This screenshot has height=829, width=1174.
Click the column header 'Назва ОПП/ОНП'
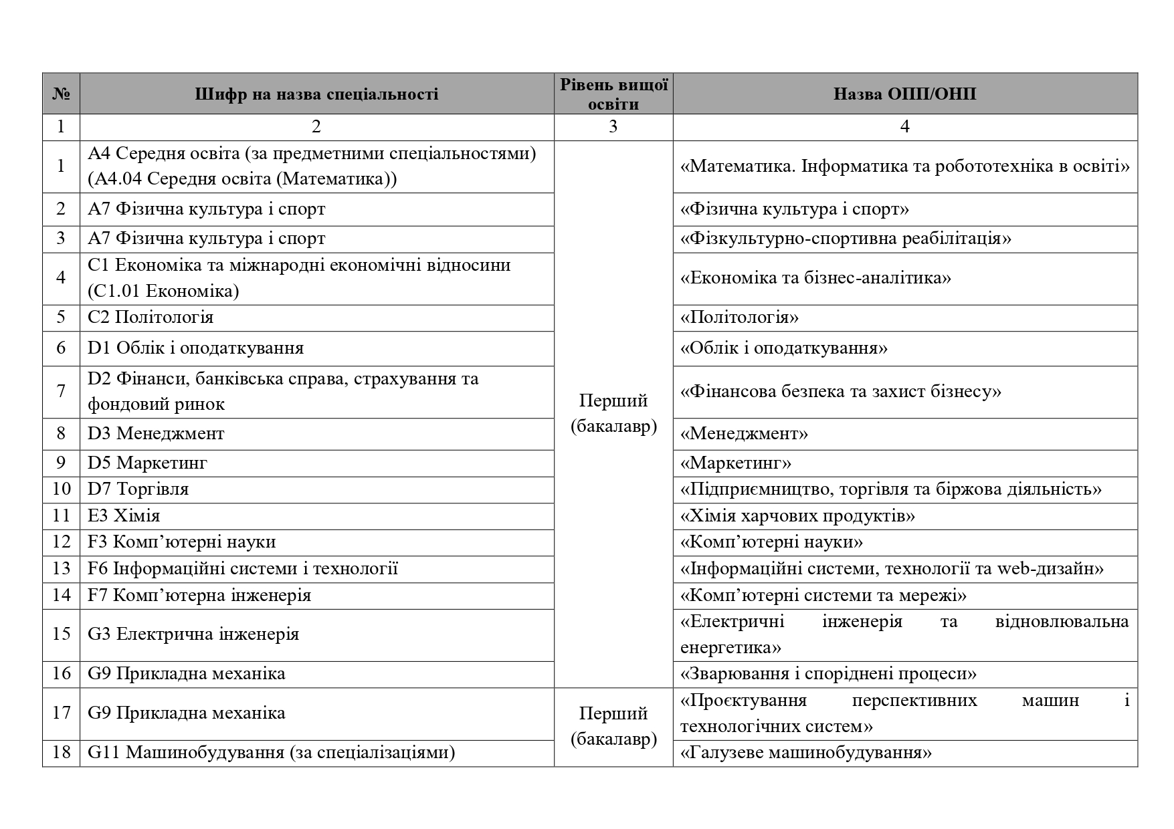[904, 94]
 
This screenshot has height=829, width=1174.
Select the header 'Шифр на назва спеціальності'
[316, 94]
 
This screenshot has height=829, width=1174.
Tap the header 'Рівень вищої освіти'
[613, 94]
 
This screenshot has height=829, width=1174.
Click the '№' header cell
[61, 94]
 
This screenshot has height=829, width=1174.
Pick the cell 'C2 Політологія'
[151, 317]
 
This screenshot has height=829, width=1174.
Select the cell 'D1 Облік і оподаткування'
[195, 348]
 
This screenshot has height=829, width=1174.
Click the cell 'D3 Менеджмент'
[156, 433]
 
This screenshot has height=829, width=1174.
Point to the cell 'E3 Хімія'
[124, 515]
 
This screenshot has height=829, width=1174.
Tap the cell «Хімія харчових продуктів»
[797, 515]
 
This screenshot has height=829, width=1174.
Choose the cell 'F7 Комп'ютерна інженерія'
[199, 595]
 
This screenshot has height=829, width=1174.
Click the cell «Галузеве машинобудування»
[805, 753]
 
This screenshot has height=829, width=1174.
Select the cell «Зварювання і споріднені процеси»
[828, 673]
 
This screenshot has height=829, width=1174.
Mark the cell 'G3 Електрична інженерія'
[193, 634]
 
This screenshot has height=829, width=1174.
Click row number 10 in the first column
[61, 489]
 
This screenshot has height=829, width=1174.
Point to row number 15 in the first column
[61, 634]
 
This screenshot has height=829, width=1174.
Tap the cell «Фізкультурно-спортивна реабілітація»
[846, 239]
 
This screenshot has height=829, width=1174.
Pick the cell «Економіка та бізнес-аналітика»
[815, 277]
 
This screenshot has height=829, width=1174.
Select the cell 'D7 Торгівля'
[138, 489]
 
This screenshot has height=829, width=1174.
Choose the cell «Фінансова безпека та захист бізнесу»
[840, 391]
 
